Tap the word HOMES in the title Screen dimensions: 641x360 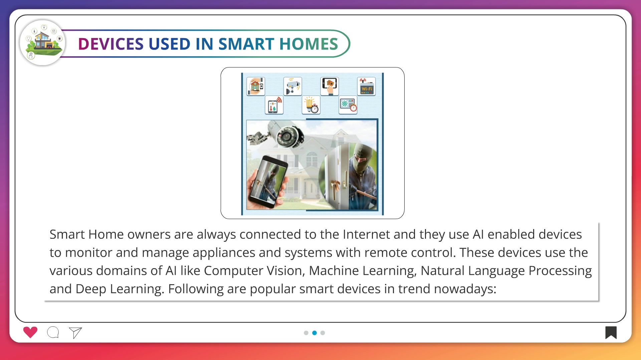[309, 44]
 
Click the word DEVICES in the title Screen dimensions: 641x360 [111, 44]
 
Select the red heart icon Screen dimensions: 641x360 [30, 332]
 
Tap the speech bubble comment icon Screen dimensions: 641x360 [53, 332]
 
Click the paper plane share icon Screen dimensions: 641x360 [75, 333]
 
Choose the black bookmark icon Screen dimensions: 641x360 [611, 333]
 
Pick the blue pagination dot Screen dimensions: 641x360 [314, 333]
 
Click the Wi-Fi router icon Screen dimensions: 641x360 [367, 86]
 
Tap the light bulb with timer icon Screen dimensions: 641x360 [311, 105]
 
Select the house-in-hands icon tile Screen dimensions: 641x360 [256, 86]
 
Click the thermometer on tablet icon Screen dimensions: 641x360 [274, 105]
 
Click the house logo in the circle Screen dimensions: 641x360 [43, 43]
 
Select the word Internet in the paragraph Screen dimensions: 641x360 [366, 234]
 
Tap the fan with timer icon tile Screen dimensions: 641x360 [348, 105]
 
